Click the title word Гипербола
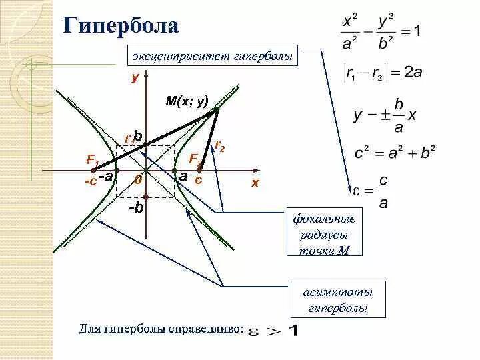pyautogui.click(x=121, y=26)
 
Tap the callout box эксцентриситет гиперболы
pyautogui.click(x=213, y=57)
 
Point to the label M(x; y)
pyautogui.click(x=187, y=101)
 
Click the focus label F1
pyautogui.click(x=93, y=160)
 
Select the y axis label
pyautogui.click(x=135, y=77)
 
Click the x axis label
pyautogui.click(x=255, y=183)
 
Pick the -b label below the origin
pyautogui.click(x=136, y=207)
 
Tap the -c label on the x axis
pyautogui.click(x=91, y=181)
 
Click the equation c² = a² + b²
pyautogui.click(x=395, y=153)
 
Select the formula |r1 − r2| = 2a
pyautogui.click(x=383, y=72)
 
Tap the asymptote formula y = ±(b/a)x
pyautogui.click(x=385, y=115)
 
